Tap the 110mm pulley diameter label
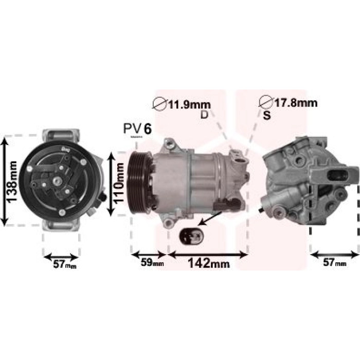(x=119, y=184)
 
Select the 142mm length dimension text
(x=209, y=263)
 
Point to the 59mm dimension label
(x=152, y=262)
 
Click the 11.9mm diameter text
(x=190, y=105)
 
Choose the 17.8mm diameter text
(x=296, y=103)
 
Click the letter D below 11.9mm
(x=204, y=115)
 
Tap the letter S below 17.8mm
(x=267, y=115)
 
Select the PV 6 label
(x=137, y=129)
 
